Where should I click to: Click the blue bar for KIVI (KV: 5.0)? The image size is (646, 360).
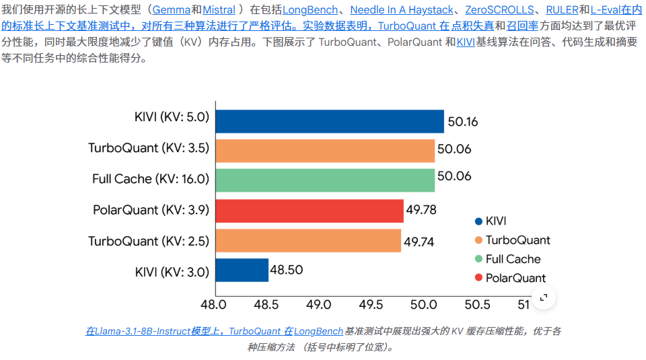coord(329,121)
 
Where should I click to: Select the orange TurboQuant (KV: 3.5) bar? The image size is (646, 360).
coord(324,151)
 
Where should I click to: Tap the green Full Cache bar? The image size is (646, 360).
coord(324,180)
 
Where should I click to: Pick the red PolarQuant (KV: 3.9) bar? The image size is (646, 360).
coord(309,211)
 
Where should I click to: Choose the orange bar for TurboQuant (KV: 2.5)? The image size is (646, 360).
coord(308,240)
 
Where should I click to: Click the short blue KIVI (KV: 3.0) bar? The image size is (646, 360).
coord(242,270)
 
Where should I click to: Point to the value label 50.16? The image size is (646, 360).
coord(462,122)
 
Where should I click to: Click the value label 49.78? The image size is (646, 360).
coord(421,210)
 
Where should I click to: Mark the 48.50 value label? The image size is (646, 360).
coord(287,270)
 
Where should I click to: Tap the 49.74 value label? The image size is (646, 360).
coord(419,241)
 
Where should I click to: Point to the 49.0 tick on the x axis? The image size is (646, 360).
coord(318,304)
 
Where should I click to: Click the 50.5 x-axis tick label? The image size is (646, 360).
coord(477,304)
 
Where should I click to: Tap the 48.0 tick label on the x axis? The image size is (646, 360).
coord(213,304)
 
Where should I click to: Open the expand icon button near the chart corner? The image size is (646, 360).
coord(544,297)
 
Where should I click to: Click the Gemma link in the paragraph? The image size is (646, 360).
coord(172,10)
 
